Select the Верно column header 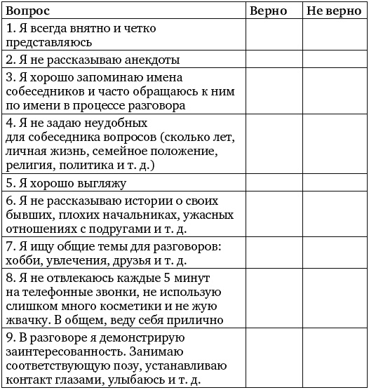(268, 12)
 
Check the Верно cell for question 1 (274, 36)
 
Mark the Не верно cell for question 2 (334, 60)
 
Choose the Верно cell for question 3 (274, 91)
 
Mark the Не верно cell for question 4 (334, 144)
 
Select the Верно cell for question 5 (274, 183)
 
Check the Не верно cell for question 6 (334, 215)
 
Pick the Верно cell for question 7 (274, 254)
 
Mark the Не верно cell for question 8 (334, 300)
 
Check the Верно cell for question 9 (274, 358)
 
